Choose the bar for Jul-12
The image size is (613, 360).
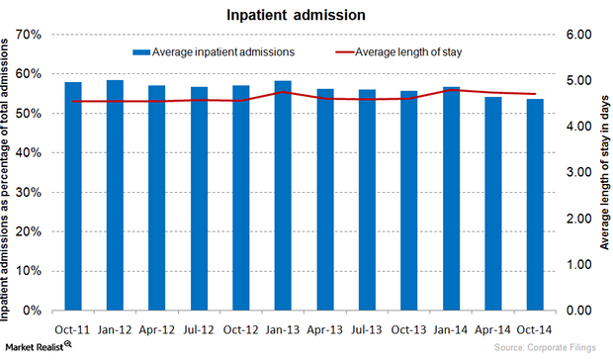(199, 198)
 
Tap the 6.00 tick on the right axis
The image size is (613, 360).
(576, 35)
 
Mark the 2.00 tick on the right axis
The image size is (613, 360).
(576, 219)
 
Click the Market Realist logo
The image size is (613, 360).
(40, 346)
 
